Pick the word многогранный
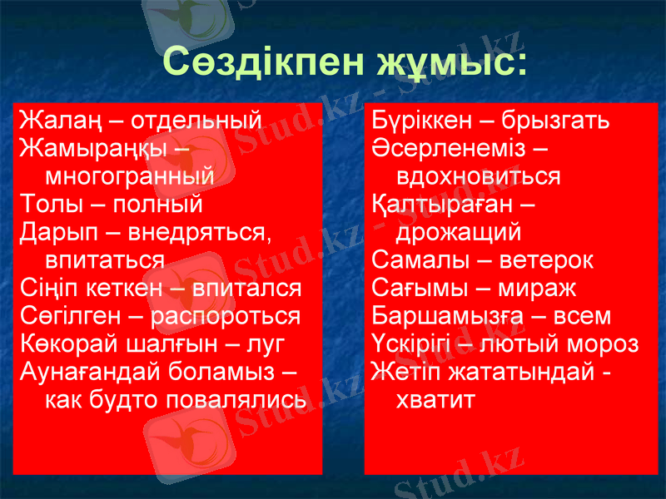(x=129, y=176)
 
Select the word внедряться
(x=203, y=232)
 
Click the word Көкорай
(x=67, y=344)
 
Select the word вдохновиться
(x=479, y=176)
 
